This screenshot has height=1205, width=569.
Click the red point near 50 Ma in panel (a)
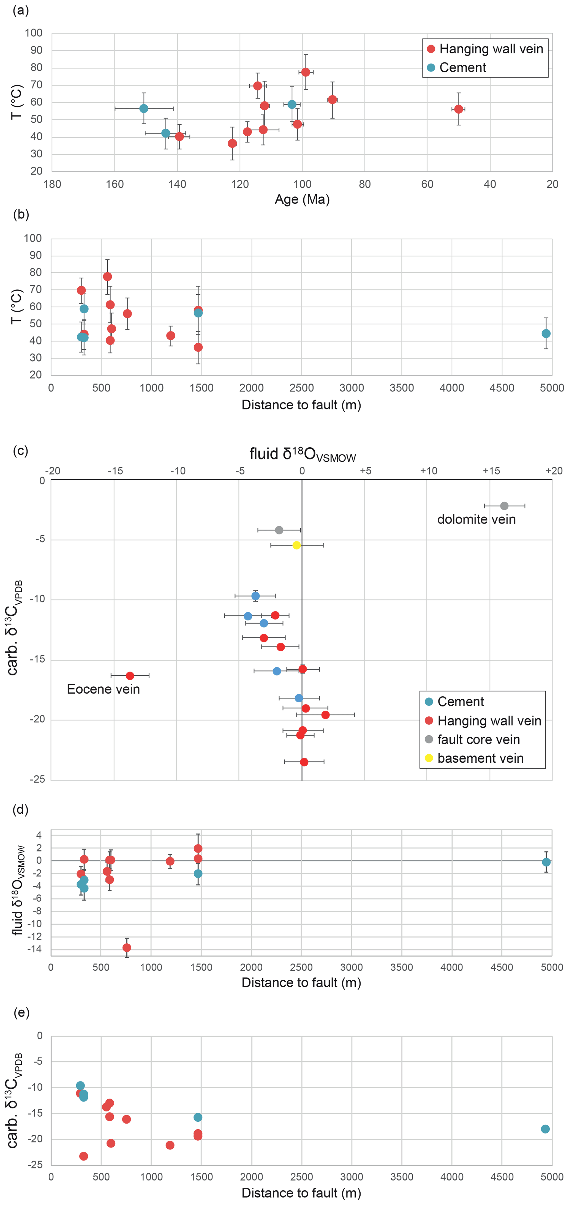click(459, 109)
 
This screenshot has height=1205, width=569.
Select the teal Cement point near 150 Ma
click(144, 108)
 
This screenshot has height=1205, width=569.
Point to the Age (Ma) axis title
click(302, 200)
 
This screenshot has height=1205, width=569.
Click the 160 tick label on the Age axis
click(115, 184)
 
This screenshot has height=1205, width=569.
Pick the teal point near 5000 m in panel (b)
click(546, 333)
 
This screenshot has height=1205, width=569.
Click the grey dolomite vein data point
click(504, 506)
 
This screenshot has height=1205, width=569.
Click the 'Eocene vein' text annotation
click(104, 689)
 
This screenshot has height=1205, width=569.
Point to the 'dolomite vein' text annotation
click(476, 520)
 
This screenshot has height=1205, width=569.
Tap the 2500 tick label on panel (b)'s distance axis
click(301, 388)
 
